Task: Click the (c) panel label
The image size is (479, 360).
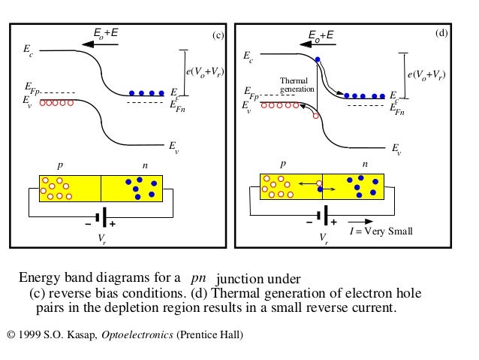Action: point(218,35)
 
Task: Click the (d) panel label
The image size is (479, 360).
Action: point(441,34)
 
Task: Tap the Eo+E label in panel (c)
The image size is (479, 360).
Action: point(104,32)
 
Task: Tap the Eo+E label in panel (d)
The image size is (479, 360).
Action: point(322,34)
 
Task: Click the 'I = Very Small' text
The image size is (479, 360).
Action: point(381,231)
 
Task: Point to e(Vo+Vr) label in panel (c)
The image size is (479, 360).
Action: point(204,72)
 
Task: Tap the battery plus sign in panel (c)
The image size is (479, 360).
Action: point(112,224)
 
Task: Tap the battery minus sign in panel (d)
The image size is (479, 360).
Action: point(309,223)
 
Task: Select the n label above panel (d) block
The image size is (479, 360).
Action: point(365,163)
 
